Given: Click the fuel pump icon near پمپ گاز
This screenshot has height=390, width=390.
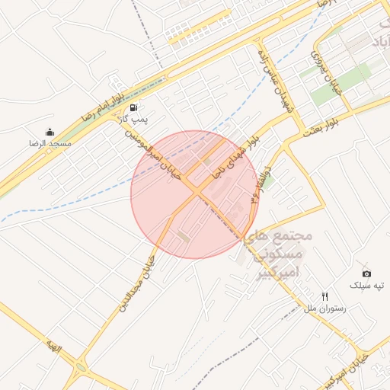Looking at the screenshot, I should point(134,108).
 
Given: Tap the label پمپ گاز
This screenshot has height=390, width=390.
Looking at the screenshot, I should point(134,120).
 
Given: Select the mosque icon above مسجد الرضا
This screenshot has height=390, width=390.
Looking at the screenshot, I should point(50,132).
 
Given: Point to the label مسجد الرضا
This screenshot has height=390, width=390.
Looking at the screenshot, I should point(50,143).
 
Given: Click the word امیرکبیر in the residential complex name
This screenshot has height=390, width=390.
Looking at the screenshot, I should point(277,270).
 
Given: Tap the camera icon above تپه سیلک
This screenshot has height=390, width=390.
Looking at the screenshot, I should point(366,273).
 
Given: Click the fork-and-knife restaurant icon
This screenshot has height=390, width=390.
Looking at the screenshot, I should point(325,296).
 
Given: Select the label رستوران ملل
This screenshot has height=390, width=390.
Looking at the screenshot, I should point(325,308).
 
